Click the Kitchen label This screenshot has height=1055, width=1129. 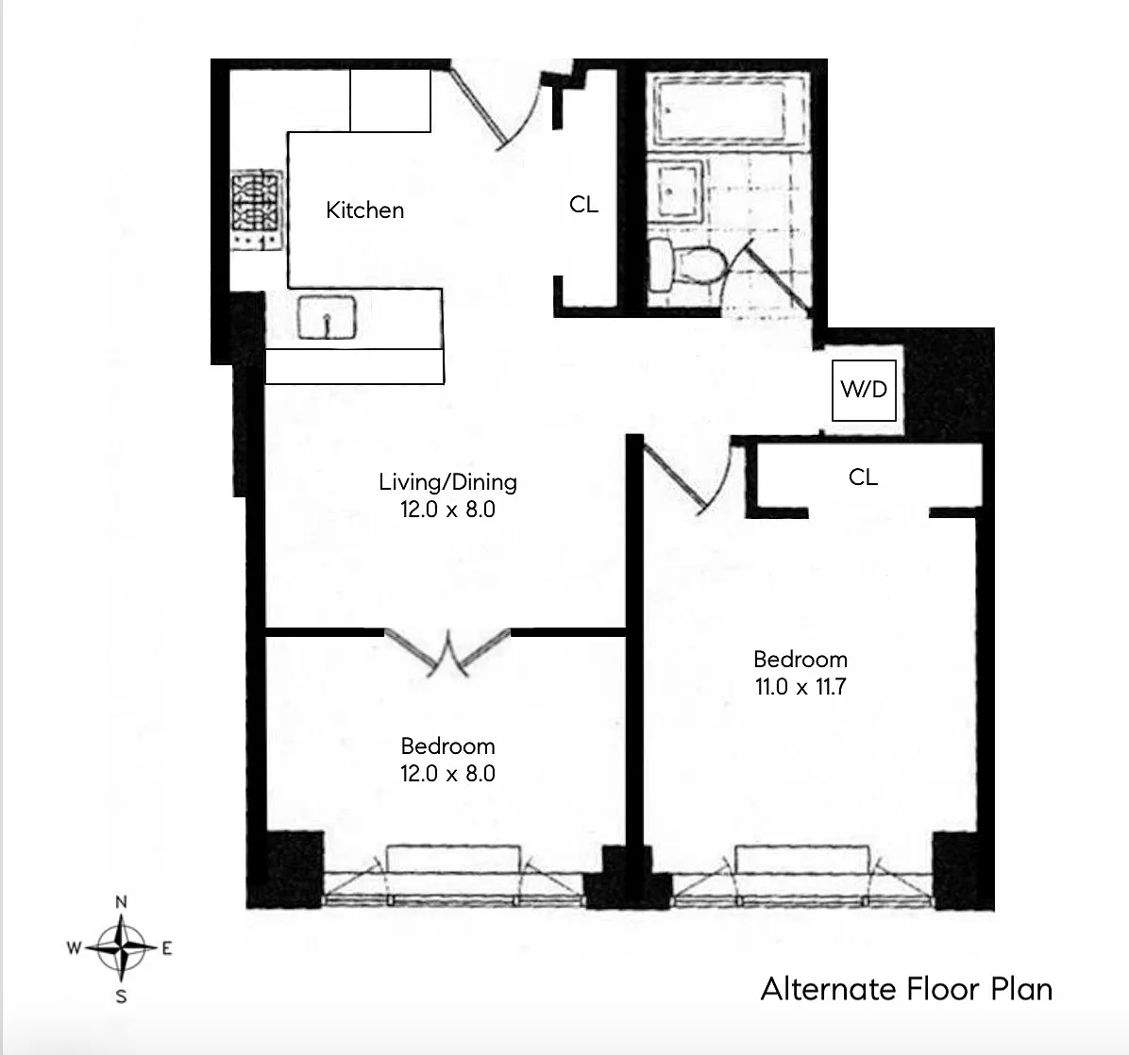pyautogui.click(x=364, y=210)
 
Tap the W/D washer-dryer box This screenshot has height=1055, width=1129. pyautogui.click(x=864, y=390)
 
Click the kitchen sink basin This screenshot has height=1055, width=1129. pyautogui.click(x=327, y=317)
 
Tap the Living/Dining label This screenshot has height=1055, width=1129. pyautogui.click(x=447, y=481)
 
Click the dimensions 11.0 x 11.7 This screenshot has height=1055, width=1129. pyautogui.click(x=800, y=687)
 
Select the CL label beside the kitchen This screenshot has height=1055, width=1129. pyautogui.click(x=583, y=205)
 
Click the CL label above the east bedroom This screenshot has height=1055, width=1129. pyautogui.click(x=863, y=477)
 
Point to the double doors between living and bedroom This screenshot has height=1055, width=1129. pyautogui.click(x=447, y=652)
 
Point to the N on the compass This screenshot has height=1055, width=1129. pyautogui.click(x=121, y=902)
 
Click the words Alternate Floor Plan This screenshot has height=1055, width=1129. pyautogui.click(x=906, y=990)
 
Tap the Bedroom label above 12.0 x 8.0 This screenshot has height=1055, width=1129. pyautogui.click(x=447, y=745)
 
